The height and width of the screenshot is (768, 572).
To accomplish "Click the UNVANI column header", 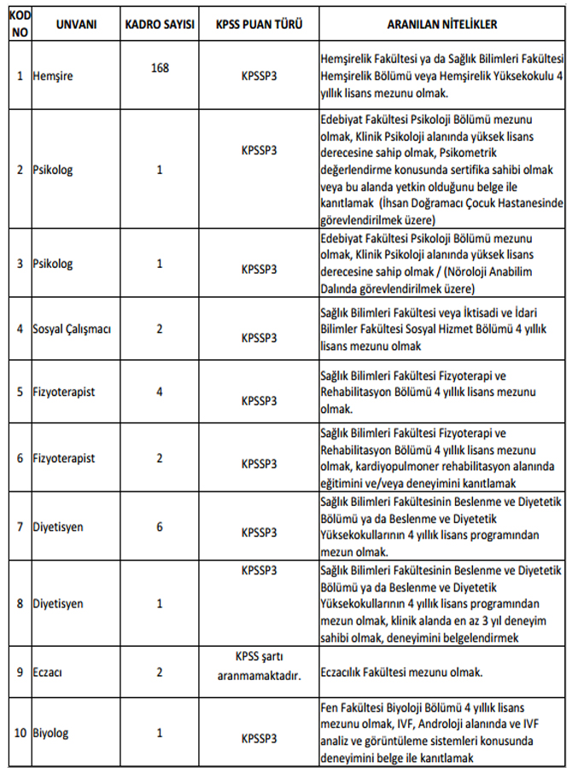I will pos(76,26).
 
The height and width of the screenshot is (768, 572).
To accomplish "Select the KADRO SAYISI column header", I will pos(160,26).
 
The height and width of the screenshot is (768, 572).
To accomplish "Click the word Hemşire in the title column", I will pos(53,76).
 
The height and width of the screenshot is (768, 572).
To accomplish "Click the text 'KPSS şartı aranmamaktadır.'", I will pos(259,665).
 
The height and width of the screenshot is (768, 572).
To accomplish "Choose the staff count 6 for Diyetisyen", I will pos(160,527).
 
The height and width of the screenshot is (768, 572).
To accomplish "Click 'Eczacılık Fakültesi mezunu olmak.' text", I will pos(401,672).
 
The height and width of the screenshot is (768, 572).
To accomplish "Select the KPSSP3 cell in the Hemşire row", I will pos(259,76).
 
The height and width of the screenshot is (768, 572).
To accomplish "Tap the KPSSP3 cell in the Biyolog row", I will pos(259,737).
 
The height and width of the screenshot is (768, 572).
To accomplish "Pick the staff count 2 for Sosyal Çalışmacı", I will pos(160,328).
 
